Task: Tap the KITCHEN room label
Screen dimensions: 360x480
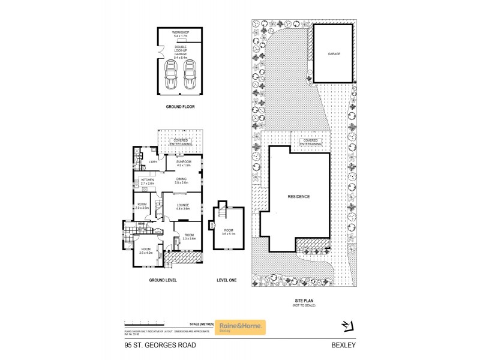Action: pyautogui.click(x=148, y=181)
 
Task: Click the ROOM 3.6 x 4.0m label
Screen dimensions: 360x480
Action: pyautogui.click(x=146, y=251)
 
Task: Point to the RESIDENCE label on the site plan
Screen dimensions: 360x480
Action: pyautogui.click(x=299, y=197)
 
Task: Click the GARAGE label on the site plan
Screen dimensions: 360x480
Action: pyautogui.click(x=334, y=54)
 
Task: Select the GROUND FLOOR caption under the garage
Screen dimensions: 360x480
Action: pyautogui.click(x=180, y=106)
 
